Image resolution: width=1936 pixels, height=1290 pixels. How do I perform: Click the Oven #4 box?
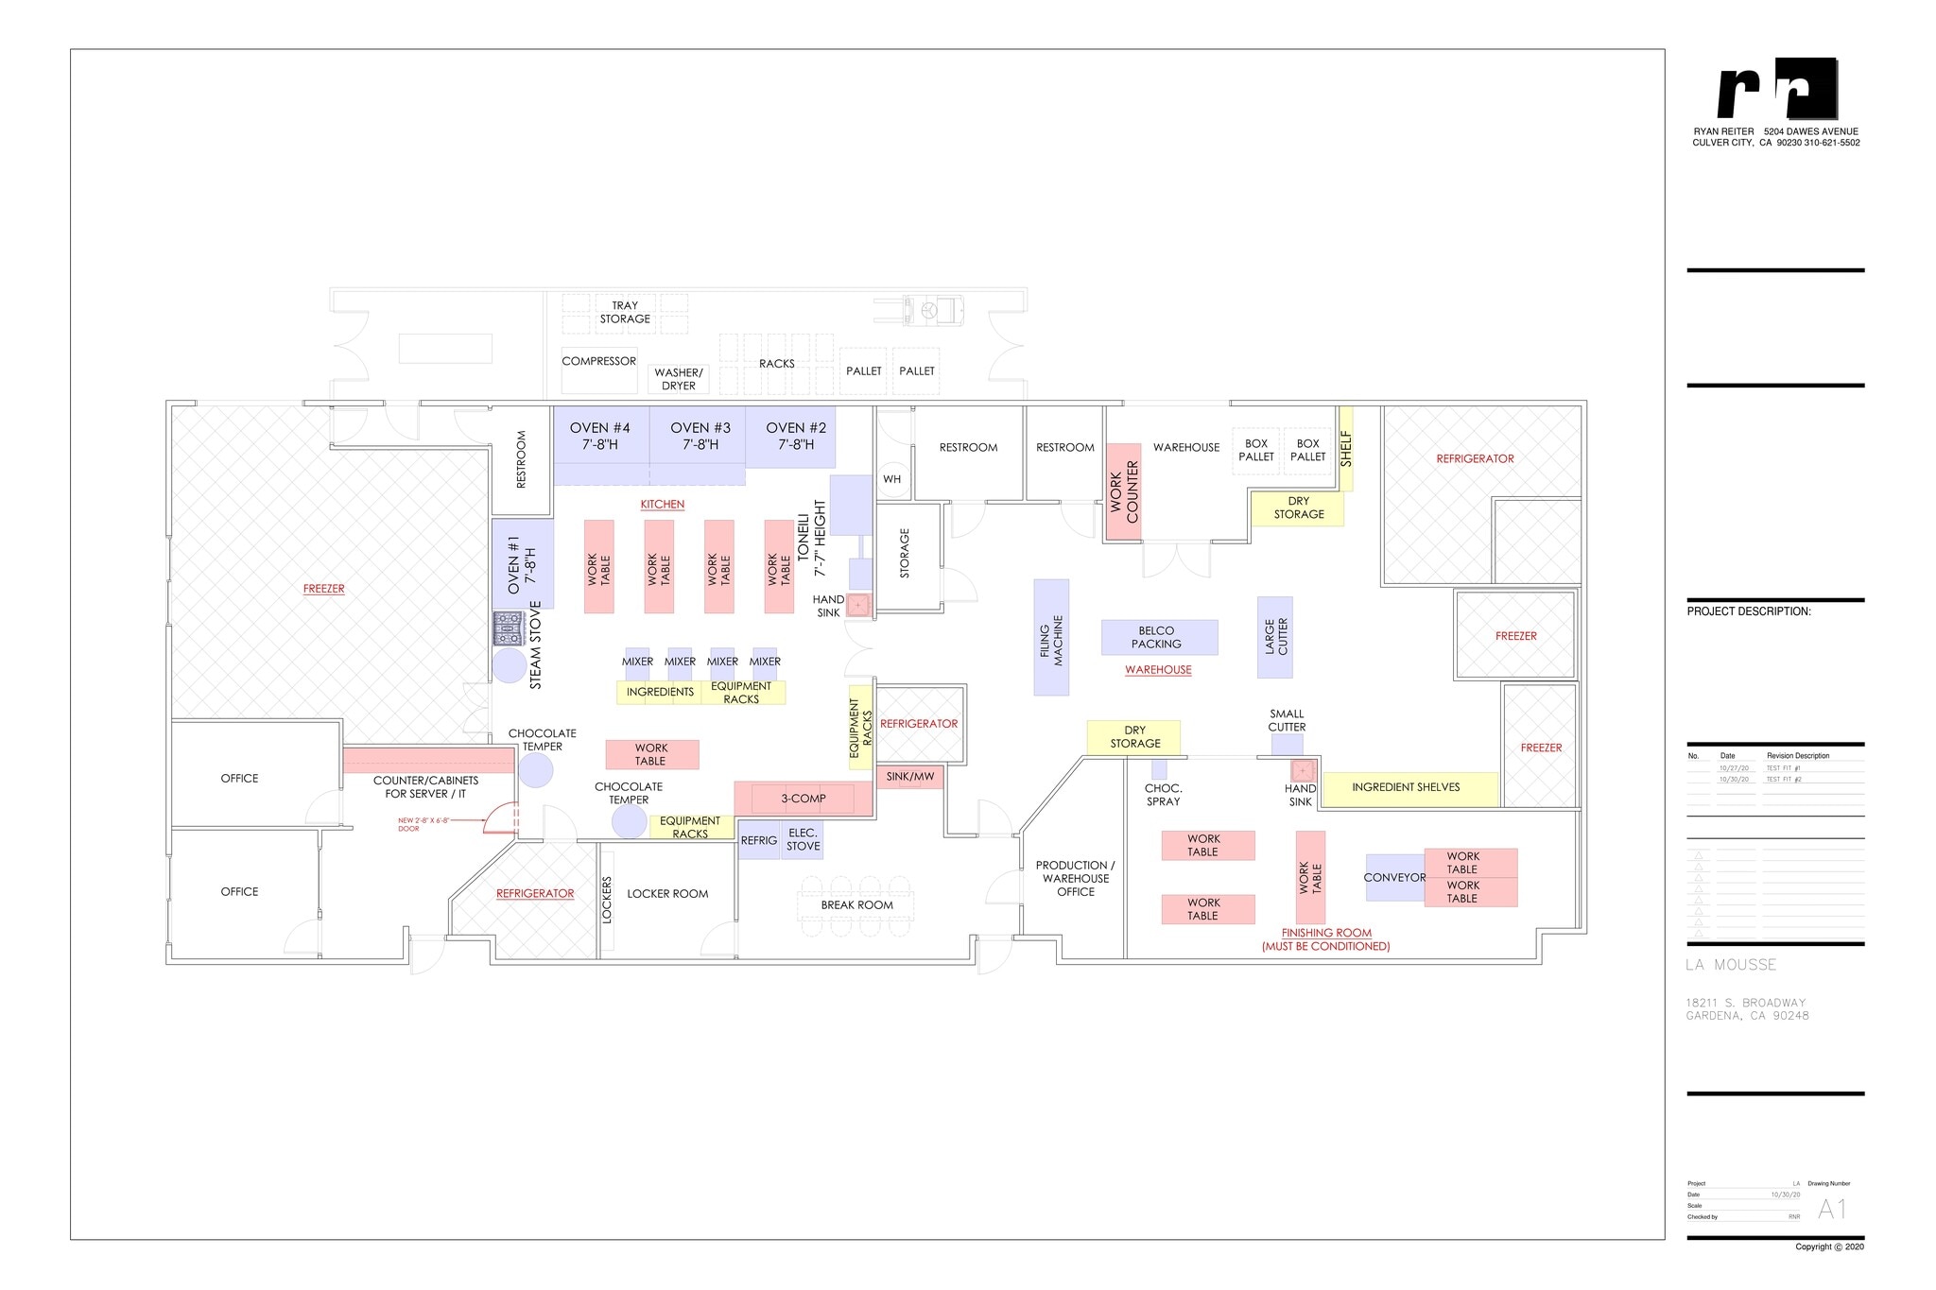(600, 436)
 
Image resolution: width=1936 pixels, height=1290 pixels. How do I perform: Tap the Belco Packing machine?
(1159, 638)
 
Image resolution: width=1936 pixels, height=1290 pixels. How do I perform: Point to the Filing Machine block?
(1051, 638)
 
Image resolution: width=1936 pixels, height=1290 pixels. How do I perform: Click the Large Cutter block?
(1274, 637)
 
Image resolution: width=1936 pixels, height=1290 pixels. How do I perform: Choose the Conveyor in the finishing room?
(1394, 878)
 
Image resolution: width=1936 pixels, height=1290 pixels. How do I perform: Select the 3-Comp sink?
(803, 799)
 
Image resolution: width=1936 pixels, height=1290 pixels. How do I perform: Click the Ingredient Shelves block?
(1406, 787)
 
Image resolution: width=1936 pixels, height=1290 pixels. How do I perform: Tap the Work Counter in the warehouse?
(1124, 492)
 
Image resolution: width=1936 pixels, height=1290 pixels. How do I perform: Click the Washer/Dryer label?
(679, 379)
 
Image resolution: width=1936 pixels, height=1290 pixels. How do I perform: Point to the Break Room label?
(856, 905)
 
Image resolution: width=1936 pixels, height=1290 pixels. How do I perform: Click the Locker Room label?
(667, 894)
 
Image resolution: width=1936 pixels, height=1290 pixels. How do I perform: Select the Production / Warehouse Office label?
(1076, 879)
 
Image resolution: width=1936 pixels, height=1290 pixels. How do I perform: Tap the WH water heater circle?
(892, 479)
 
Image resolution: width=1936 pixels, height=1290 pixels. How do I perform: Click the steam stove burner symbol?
(508, 628)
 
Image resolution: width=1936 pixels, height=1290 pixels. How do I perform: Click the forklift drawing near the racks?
(932, 309)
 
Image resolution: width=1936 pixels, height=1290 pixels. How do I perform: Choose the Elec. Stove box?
(803, 840)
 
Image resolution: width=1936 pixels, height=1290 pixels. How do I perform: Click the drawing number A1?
(1831, 1209)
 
